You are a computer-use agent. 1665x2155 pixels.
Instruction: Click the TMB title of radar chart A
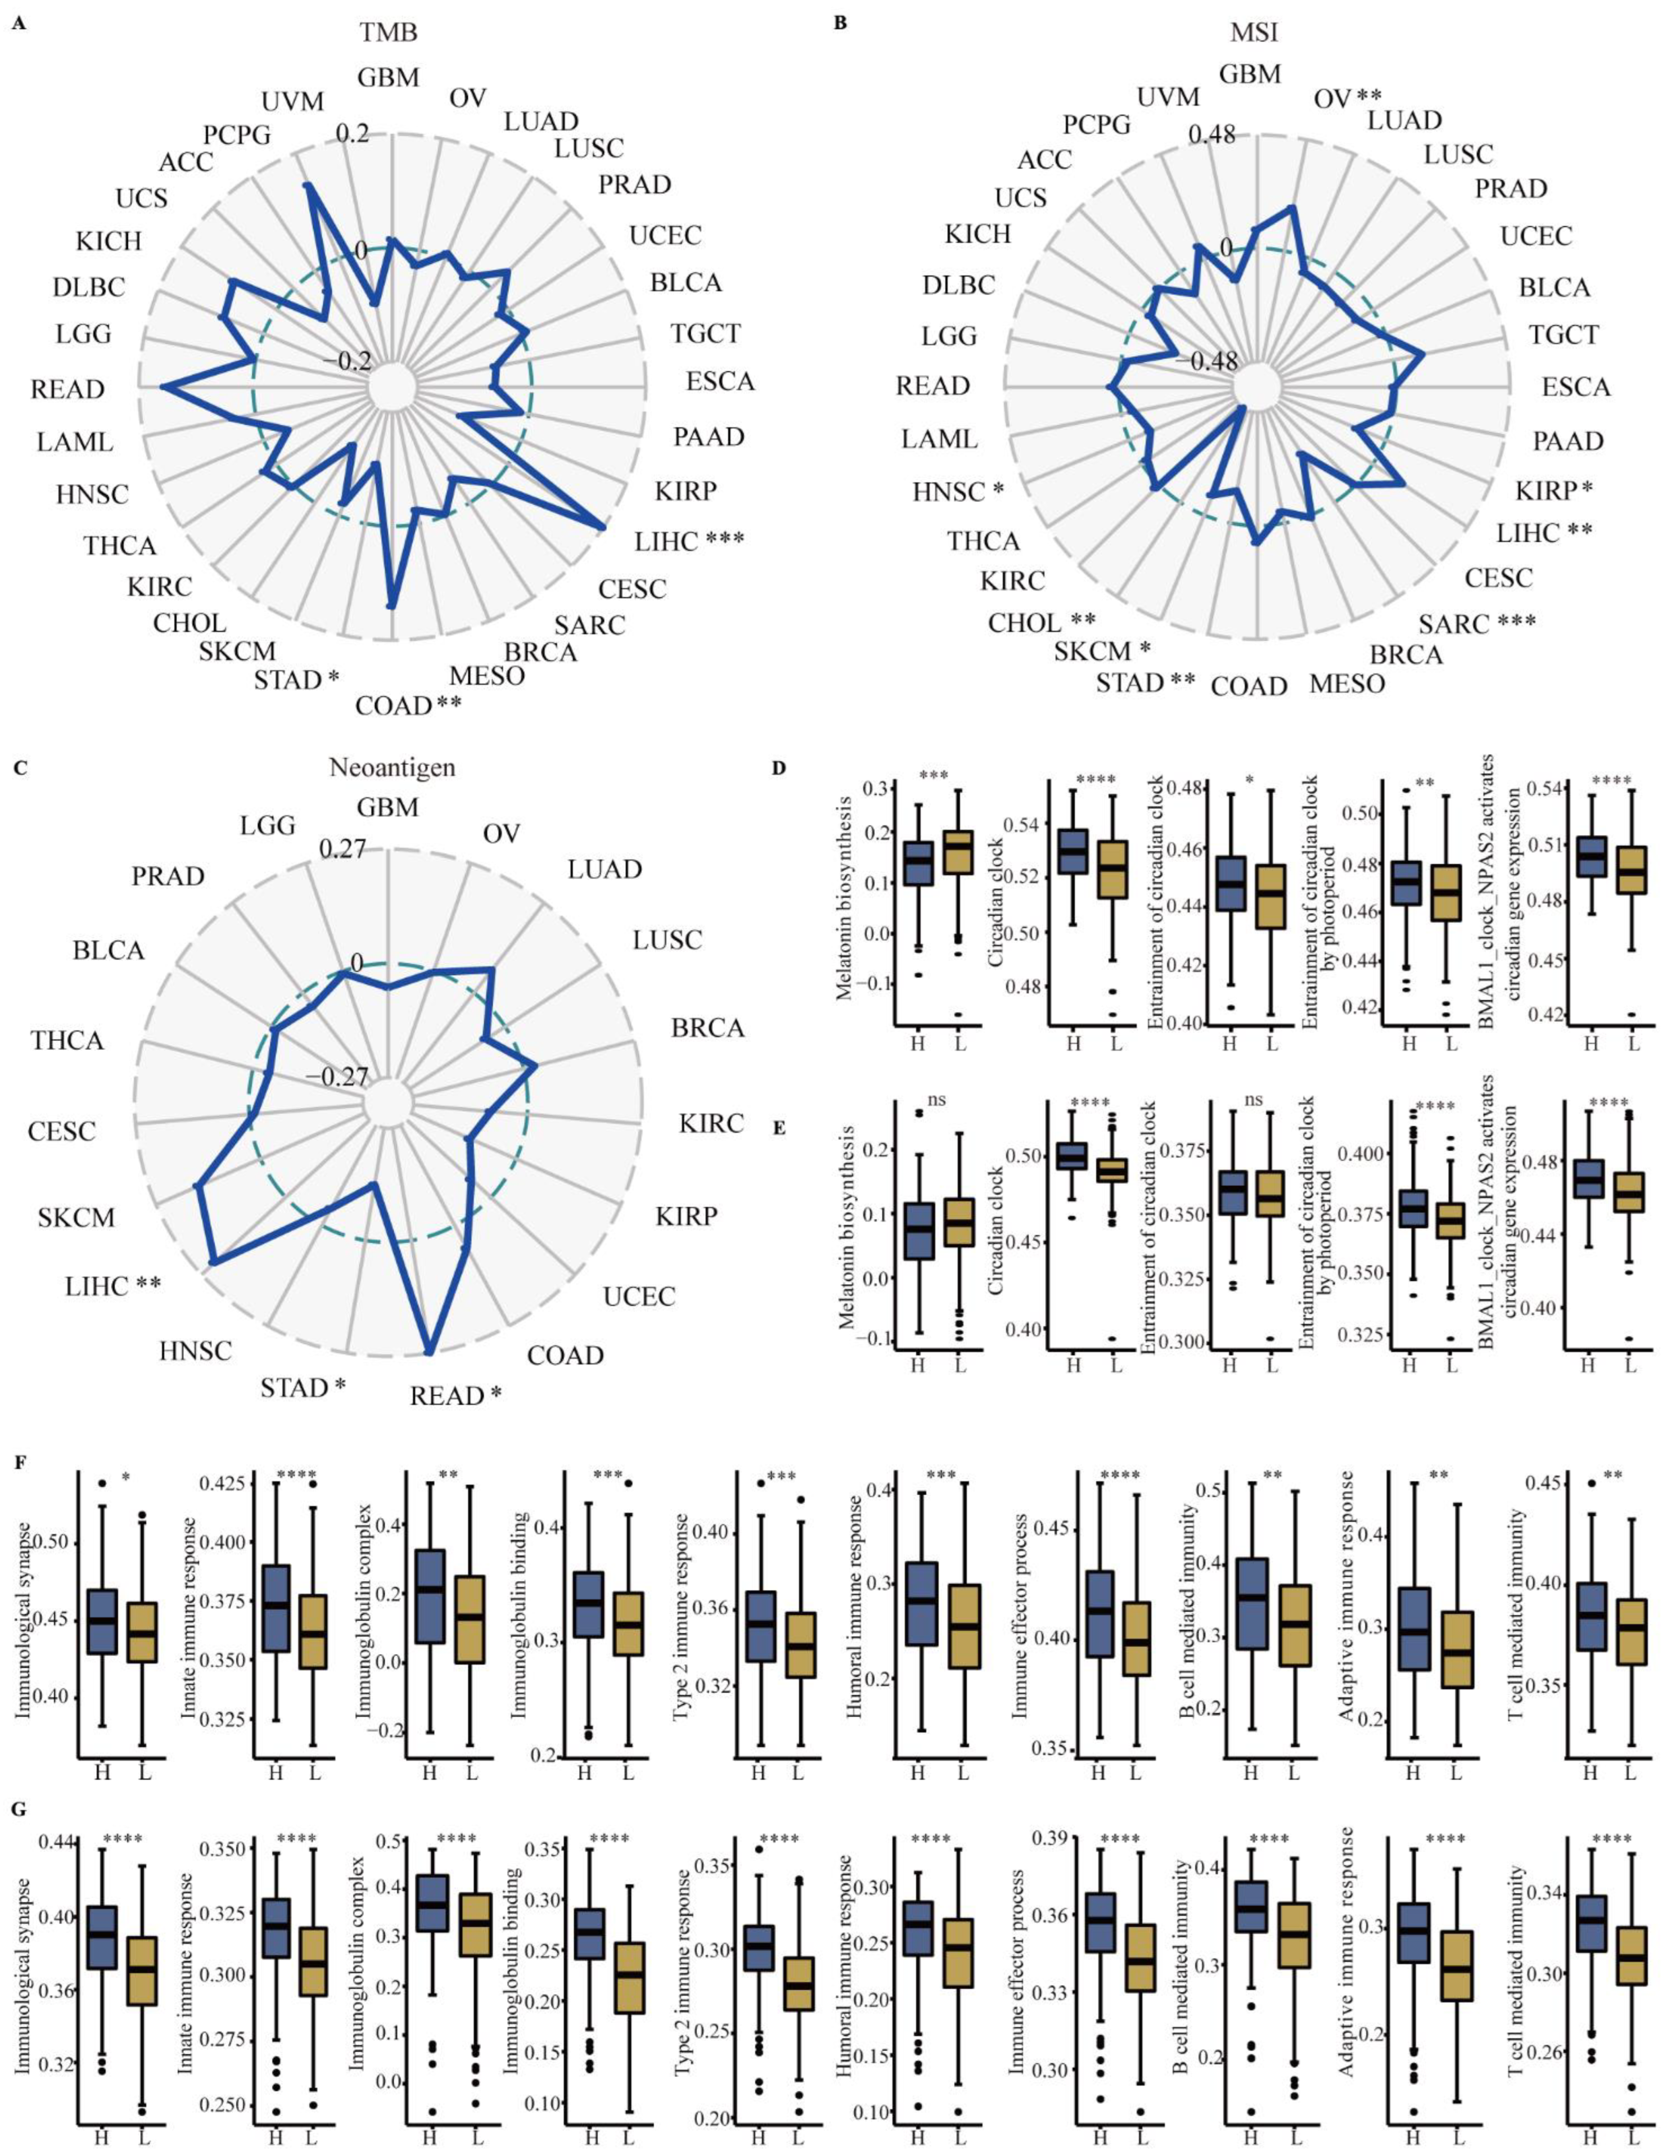tap(389, 32)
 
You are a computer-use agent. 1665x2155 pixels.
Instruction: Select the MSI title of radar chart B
tap(1254, 32)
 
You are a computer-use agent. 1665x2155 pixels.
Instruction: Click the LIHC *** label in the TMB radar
tap(688, 540)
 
